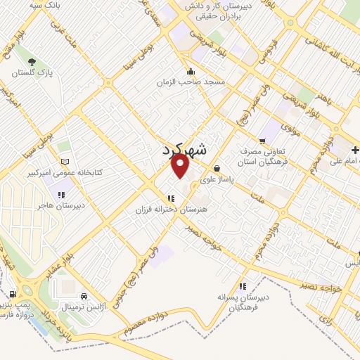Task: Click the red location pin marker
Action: coord(181,166)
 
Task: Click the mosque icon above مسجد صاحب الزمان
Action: coord(191,71)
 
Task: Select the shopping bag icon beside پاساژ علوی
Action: coord(217,169)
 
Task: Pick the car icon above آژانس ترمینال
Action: coord(85,297)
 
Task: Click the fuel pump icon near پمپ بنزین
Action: coord(13,294)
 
